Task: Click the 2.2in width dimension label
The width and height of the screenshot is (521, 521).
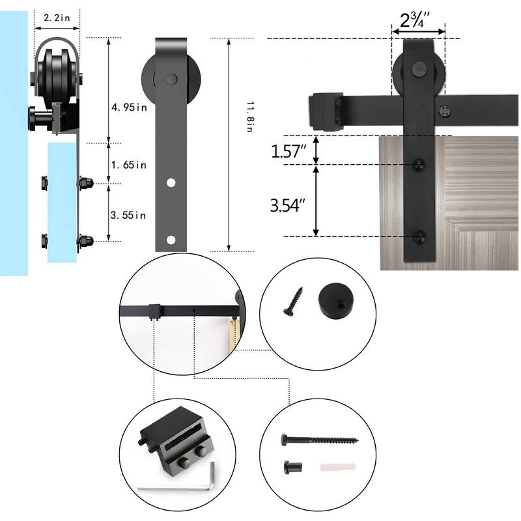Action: coord(57,18)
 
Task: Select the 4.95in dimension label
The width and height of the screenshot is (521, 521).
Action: coord(129,107)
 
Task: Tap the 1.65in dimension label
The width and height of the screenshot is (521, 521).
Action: coord(128,165)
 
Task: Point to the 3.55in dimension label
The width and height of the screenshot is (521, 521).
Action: coord(128,216)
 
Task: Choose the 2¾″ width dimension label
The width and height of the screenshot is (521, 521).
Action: coord(415,20)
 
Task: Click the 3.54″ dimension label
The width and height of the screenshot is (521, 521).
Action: coord(288,205)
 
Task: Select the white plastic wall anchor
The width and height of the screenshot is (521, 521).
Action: coord(338,467)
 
